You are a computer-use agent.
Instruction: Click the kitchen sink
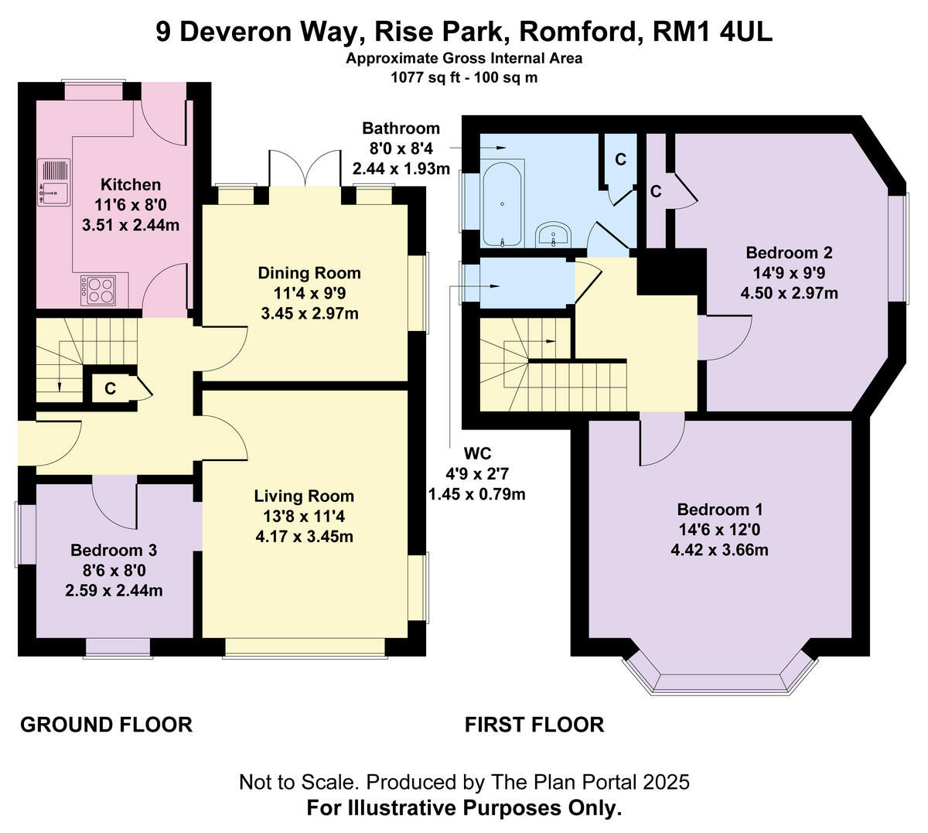54,183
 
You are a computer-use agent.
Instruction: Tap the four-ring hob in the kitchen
98,290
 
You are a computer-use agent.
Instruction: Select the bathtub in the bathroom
503,203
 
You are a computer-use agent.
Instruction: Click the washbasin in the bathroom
553,234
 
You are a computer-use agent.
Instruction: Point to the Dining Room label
309,273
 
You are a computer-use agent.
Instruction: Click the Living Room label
304,496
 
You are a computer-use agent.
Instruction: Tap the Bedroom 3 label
114,550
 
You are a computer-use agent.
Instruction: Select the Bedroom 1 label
720,509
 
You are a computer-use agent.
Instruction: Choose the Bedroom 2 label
789,252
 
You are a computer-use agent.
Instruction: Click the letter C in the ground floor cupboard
110,388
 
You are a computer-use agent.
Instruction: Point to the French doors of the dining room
305,168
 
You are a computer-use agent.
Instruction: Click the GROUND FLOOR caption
106,725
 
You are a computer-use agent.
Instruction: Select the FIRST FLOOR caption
534,725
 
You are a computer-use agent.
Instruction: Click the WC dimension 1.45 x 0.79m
477,494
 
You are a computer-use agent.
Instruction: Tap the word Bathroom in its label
401,128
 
